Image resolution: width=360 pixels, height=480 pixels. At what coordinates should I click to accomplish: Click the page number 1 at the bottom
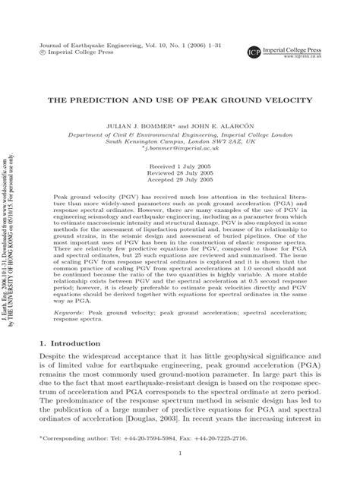click(180, 453)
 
